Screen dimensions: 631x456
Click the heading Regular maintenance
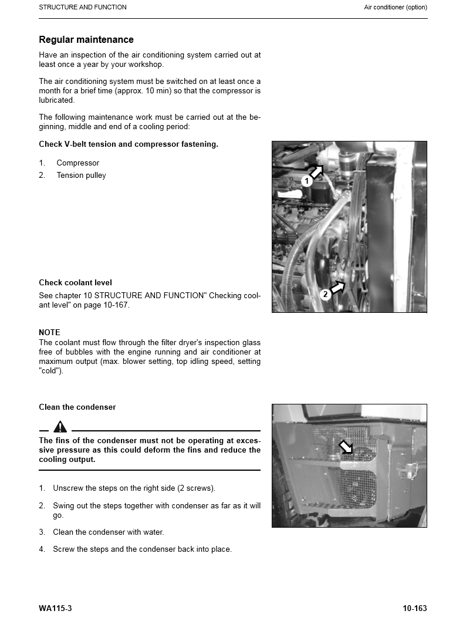[86, 40]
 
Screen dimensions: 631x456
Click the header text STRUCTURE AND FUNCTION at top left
[83, 8]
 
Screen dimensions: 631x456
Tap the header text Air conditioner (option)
[395, 8]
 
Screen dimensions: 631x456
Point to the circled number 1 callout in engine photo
[306, 182]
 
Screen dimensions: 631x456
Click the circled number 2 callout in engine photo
[325, 295]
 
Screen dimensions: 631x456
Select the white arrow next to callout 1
[316, 171]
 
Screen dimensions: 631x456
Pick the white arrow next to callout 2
[337, 287]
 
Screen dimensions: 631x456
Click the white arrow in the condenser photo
[346, 448]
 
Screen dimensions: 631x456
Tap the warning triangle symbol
[60, 427]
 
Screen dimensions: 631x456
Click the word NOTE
[49, 333]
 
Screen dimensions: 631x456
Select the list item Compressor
[77, 163]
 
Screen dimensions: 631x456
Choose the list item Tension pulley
[81, 176]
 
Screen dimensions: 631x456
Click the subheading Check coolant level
[75, 283]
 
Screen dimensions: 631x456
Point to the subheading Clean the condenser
[77, 407]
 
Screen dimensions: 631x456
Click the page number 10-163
[414, 609]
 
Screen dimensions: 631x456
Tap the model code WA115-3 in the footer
[55, 609]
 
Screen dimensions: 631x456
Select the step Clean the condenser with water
[109, 532]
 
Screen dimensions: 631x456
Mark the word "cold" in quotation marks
[50, 371]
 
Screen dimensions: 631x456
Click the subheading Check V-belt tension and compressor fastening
[129, 144]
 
